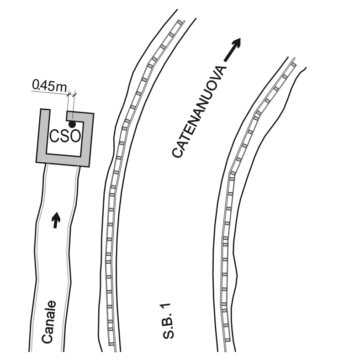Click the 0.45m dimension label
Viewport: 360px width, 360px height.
(48, 86)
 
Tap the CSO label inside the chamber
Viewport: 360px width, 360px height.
(64, 136)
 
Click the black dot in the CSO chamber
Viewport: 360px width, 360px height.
(72, 124)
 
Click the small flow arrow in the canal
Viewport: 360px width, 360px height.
(56, 219)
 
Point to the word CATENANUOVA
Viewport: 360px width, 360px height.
(200, 112)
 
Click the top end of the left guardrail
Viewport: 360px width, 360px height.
(181, 22)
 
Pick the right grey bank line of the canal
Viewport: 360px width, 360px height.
(69, 256)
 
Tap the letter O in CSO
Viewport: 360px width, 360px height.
(75, 136)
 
